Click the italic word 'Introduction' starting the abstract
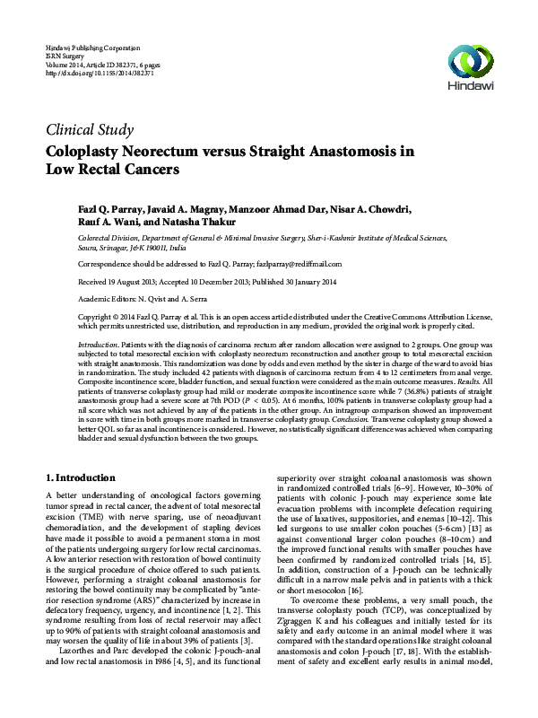tap(99, 345)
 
